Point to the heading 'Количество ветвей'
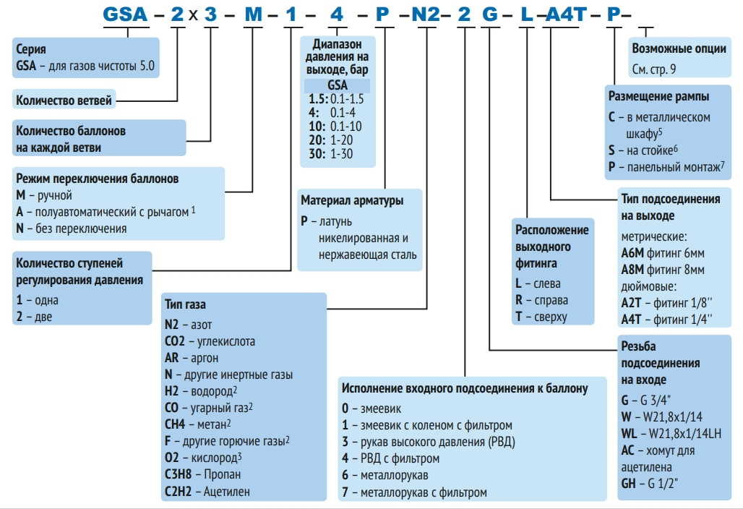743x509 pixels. click(x=64, y=100)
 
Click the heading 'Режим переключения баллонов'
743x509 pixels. click(x=98, y=179)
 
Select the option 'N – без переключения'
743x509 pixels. click(x=72, y=228)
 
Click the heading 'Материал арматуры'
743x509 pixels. click(x=352, y=200)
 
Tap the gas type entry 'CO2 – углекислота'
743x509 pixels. click(x=210, y=341)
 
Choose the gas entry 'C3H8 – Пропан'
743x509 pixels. click(x=203, y=474)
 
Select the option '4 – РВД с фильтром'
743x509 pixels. click(x=390, y=458)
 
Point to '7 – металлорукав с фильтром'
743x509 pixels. click(x=414, y=492)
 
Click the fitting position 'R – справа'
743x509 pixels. click(x=542, y=300)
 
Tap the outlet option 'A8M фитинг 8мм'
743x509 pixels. click(x=663, y=270)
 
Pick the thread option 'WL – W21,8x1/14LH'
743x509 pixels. click(x=671, y=434)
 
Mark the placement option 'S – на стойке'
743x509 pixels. click(x=643, y=150)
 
